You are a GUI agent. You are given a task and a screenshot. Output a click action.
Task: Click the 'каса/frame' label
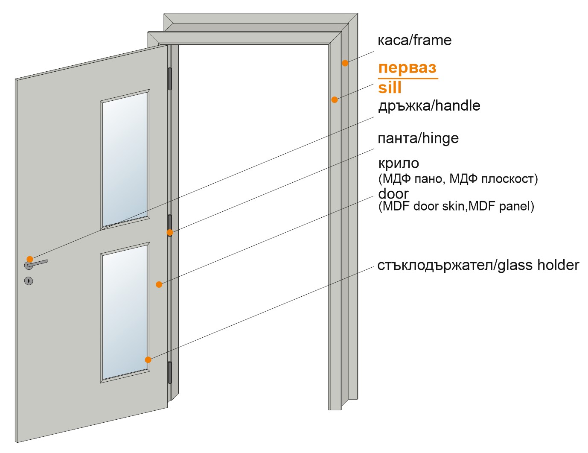(x=415, y=41)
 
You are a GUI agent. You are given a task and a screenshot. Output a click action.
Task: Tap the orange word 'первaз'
(x=408, y=68)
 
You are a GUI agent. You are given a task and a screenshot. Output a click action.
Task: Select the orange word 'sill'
(x=390, y=88)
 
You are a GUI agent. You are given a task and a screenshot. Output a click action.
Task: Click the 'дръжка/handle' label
(x=429, y=105)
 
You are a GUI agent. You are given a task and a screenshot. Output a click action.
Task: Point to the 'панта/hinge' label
(x=418, y=138)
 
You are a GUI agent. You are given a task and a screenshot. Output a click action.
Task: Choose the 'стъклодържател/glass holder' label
(x=478, y=265)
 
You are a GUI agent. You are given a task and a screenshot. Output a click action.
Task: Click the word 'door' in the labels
(x=393, y=194)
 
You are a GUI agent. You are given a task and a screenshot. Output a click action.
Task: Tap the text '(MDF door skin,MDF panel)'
(x=456, y=206)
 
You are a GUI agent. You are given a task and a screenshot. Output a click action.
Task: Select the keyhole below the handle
(x=29, y=281)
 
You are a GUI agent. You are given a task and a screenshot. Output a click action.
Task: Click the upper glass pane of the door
(x=125, y=160)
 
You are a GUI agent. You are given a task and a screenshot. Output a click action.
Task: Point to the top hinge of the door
(x=170, y=79)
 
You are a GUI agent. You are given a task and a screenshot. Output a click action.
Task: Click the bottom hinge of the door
(x=170, y=372)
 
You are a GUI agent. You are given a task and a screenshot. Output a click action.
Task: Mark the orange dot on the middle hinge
(x=170, y=232)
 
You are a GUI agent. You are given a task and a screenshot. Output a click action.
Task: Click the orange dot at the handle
(x=30, y=259)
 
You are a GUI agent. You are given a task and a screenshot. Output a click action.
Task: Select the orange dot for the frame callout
(x=345, y=63)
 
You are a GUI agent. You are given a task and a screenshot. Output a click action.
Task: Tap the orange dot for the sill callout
(x=335, y=99)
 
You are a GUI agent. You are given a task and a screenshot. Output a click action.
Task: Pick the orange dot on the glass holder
(x=148, y=359)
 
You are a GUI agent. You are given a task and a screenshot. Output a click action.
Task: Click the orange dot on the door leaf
(x=159, y=284)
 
